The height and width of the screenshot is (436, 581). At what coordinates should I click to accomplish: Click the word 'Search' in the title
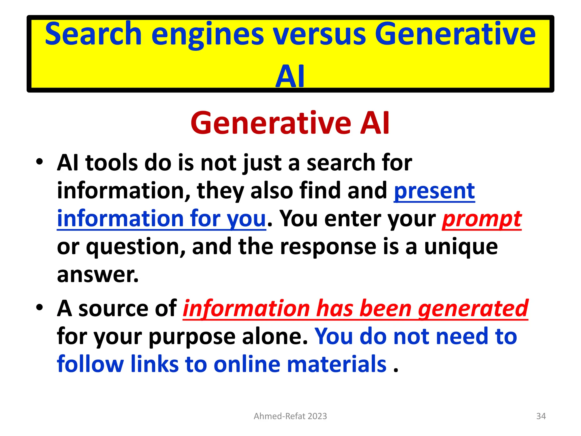[x=93, y=34]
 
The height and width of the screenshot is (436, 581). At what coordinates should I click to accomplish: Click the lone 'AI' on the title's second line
[x=290, y=76]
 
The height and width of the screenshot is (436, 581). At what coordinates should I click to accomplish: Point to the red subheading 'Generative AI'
[x=290, y=123]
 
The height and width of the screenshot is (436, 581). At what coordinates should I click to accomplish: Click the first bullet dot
[x=39, y=162]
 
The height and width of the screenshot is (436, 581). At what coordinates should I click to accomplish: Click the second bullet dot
[x=39, y=308]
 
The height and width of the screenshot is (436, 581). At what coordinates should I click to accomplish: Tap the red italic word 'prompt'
[x=482, y=219]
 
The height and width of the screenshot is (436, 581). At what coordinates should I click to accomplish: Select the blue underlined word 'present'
[x=434, y=191]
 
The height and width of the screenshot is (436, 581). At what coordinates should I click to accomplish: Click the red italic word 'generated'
[x=473, y=309]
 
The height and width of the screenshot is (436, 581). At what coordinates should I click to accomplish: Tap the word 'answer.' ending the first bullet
[x=98, y=274]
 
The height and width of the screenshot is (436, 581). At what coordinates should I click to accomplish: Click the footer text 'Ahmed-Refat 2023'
[x=290, y=416]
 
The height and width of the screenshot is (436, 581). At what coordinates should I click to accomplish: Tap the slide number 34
[x=541, y=416]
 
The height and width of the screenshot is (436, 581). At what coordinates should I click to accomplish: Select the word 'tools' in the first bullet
[x=111, y=163]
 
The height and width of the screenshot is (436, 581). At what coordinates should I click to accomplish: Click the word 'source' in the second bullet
[x=113, y=309]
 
